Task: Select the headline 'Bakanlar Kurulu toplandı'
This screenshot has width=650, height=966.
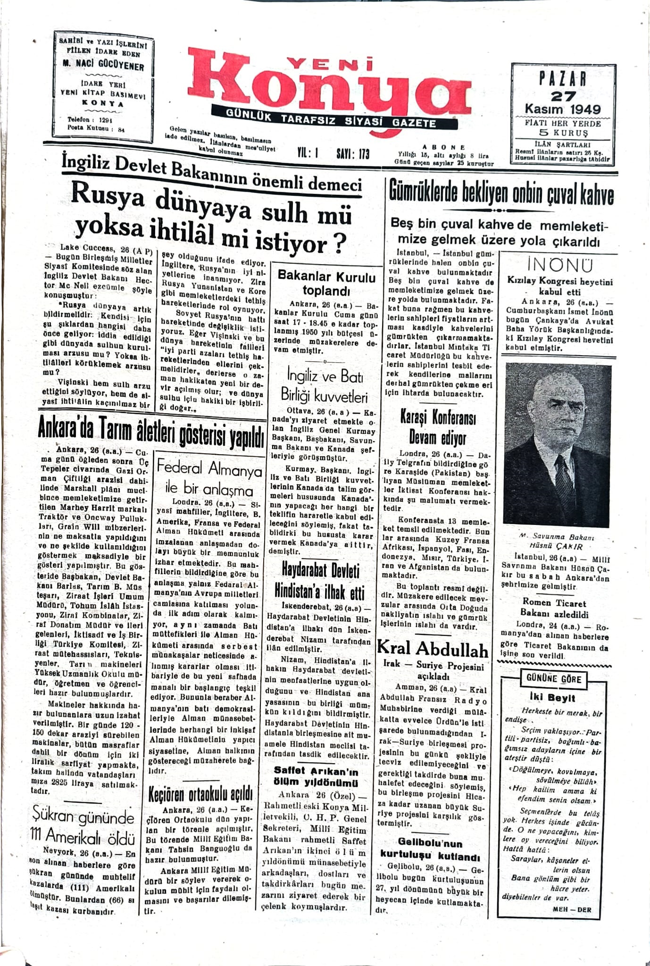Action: coord(326,283)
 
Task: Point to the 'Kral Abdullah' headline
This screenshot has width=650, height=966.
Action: coord(433,650)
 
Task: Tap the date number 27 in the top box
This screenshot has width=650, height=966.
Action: coord(563,96)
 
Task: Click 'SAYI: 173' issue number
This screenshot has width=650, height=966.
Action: coord(353,154)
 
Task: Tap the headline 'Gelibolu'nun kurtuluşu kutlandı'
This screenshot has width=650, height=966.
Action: coord(430,849)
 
